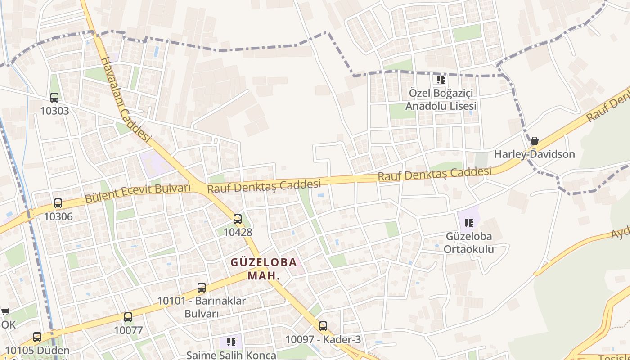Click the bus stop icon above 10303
pyautogui.click(x=54, y=98)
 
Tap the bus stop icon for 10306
pyautogui.click(x=58, y=203)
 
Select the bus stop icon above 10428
pyautogui.click(x=238, y=219)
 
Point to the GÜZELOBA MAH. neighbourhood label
pyautogui.click(x=264, y=269)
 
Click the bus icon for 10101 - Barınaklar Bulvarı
pyautogui.click(x=202, y=288)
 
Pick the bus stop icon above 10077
pyautogui.click(x=128, y=317)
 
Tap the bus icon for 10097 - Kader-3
pyautogui.click(x=323, y=326)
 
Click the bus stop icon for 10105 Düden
pyautogui.click(x=37, y=337)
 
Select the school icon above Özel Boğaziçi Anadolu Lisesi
pyautogui.click(x=441, y=80)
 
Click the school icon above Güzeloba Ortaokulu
pyautogui.click(x=469, y=223)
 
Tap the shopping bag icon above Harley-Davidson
pyautogui.click(x=535, y=141)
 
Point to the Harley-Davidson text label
pyautogui.click(x=535, y=154)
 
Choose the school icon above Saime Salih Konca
pyautogui.click(x=231, y=342)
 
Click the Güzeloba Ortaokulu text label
pyautogui.click(x=469, y=243)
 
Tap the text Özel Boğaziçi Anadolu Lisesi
pyautogui.click(x=441, y=99)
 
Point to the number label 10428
pyautogui.click(x=238, y=232)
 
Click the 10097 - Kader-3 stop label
pyautogui.click(x=323, y=340)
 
